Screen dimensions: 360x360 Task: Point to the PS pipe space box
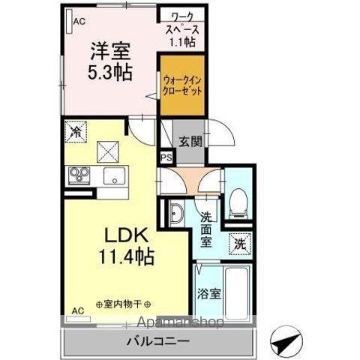coord(166,157)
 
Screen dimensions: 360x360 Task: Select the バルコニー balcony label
coord(162,341)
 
